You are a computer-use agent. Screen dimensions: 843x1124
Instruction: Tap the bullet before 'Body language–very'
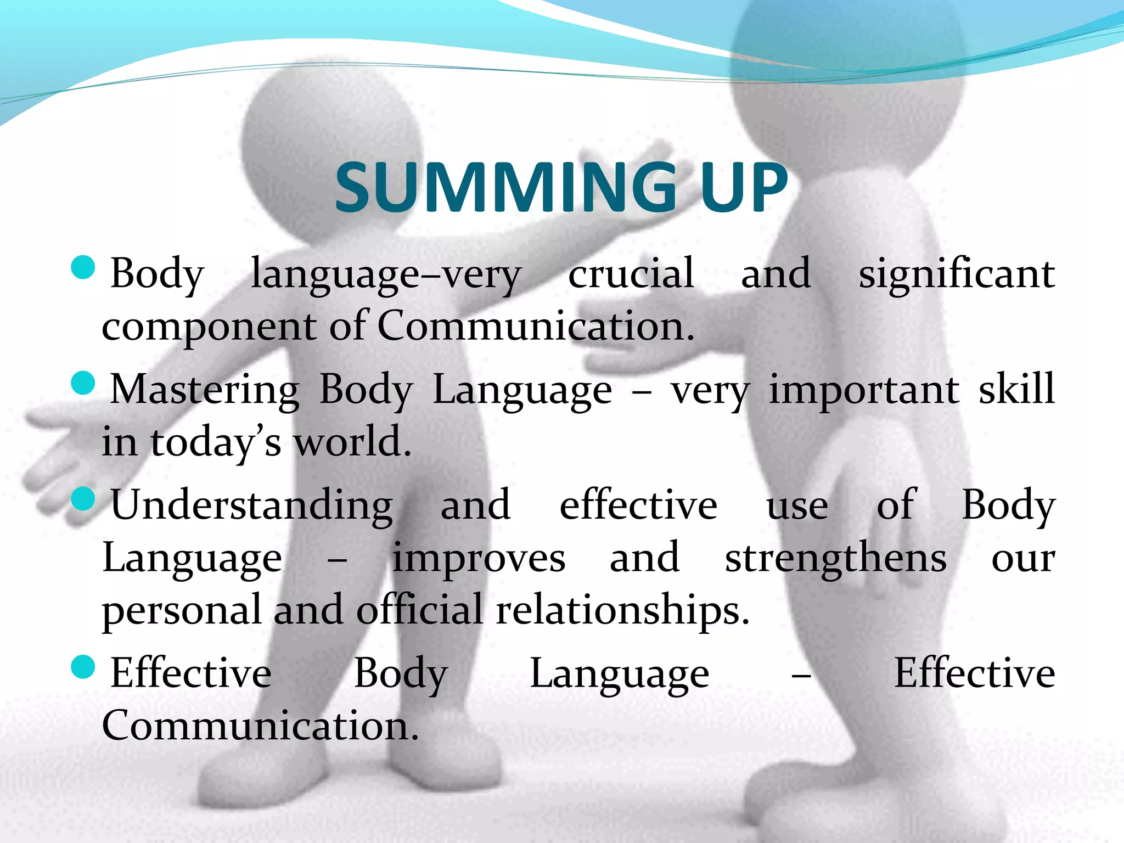point(83,268)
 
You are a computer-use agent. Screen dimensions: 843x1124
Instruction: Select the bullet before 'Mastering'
point(83,383)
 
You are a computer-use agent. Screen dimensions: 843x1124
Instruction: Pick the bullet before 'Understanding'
point(83,498)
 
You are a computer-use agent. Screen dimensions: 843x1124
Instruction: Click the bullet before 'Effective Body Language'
point(83,667)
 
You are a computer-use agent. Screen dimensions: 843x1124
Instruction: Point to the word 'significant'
point(956,274)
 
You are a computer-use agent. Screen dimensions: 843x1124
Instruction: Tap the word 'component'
point(209,328)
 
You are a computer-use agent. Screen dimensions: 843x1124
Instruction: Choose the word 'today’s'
point(216,442)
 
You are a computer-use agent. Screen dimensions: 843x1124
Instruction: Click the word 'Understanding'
point(251,505)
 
